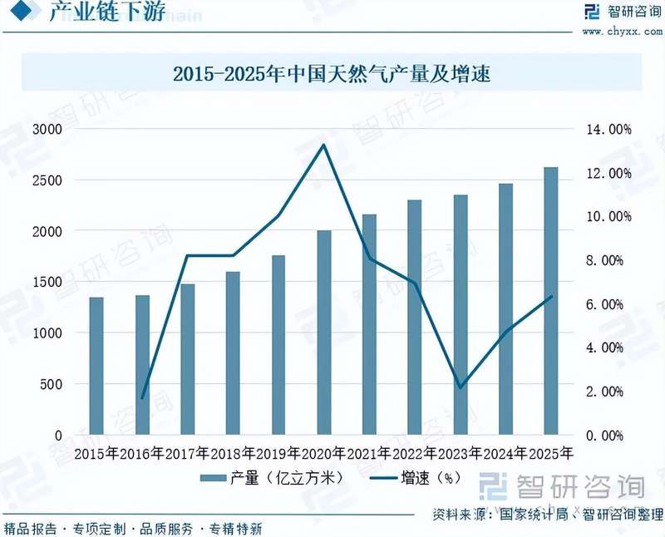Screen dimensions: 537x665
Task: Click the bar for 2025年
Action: coord(550,301)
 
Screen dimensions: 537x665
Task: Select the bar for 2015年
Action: coord(96,366)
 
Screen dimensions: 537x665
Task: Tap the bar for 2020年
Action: coord(324,333)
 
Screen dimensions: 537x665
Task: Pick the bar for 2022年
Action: coord(415,317)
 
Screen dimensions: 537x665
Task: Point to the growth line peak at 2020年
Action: coord(324,145)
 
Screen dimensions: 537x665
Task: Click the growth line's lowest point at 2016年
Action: coord(142,398)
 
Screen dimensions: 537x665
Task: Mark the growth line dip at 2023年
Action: coord(460,387)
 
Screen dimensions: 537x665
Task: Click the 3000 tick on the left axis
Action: coord(47,130)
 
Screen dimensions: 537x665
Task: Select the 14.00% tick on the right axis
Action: coord(610,130)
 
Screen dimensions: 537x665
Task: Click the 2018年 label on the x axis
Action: coord(233,454)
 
